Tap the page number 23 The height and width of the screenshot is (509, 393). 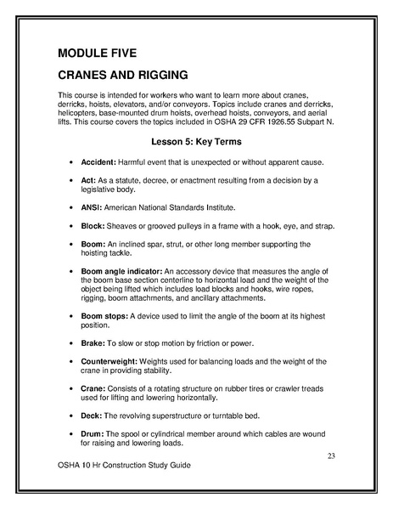pyautogui.click(x=331, y=458)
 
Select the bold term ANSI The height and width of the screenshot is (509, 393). pyautogui.click(x=90, y=206)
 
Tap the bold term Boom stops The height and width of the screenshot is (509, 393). pyautogui.click(x=107, y=315)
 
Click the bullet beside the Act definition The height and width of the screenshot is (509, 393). pyautogui.click(x=67, y=181)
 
